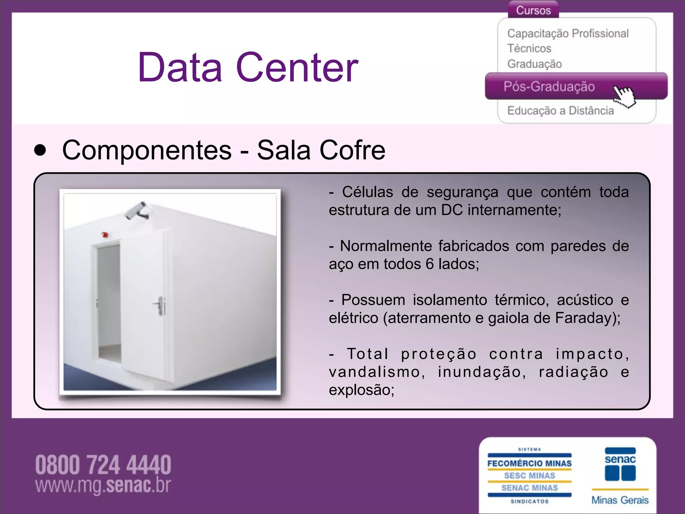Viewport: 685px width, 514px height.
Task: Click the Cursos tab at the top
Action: (x=533, y=10)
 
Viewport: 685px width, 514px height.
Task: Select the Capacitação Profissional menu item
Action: (x=568, y=33)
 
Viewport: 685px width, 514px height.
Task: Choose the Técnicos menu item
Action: (x=529, y=49)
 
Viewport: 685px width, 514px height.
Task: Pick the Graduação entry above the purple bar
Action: (x=534, y=64)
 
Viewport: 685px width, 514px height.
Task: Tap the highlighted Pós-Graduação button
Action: (x=549, y=87)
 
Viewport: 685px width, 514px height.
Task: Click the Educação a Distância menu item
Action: (x=560, y=111)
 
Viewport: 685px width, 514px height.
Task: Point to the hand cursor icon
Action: (x=624, y=96)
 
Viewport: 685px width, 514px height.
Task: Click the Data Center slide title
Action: (x=248, y=67)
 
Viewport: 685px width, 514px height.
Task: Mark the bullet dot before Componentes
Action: (x=40, y=150)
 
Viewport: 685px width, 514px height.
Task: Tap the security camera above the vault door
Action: (x=137, y=211)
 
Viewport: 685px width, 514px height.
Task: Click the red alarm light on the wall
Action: (x=105, y=235)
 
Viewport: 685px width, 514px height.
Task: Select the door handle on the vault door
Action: (x=160, y=305)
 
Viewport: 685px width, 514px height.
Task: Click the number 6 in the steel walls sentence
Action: (x=429, y=264)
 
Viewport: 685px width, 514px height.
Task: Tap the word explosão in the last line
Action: (x=361, y=390)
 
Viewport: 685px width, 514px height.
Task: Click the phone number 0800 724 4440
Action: (x=103, y=465)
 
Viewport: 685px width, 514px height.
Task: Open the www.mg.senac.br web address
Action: (x=103, y=486)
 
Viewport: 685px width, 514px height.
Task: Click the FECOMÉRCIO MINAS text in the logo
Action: (x=529, y=463)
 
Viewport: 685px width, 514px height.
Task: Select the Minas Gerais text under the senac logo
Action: (x=620, y=500)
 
